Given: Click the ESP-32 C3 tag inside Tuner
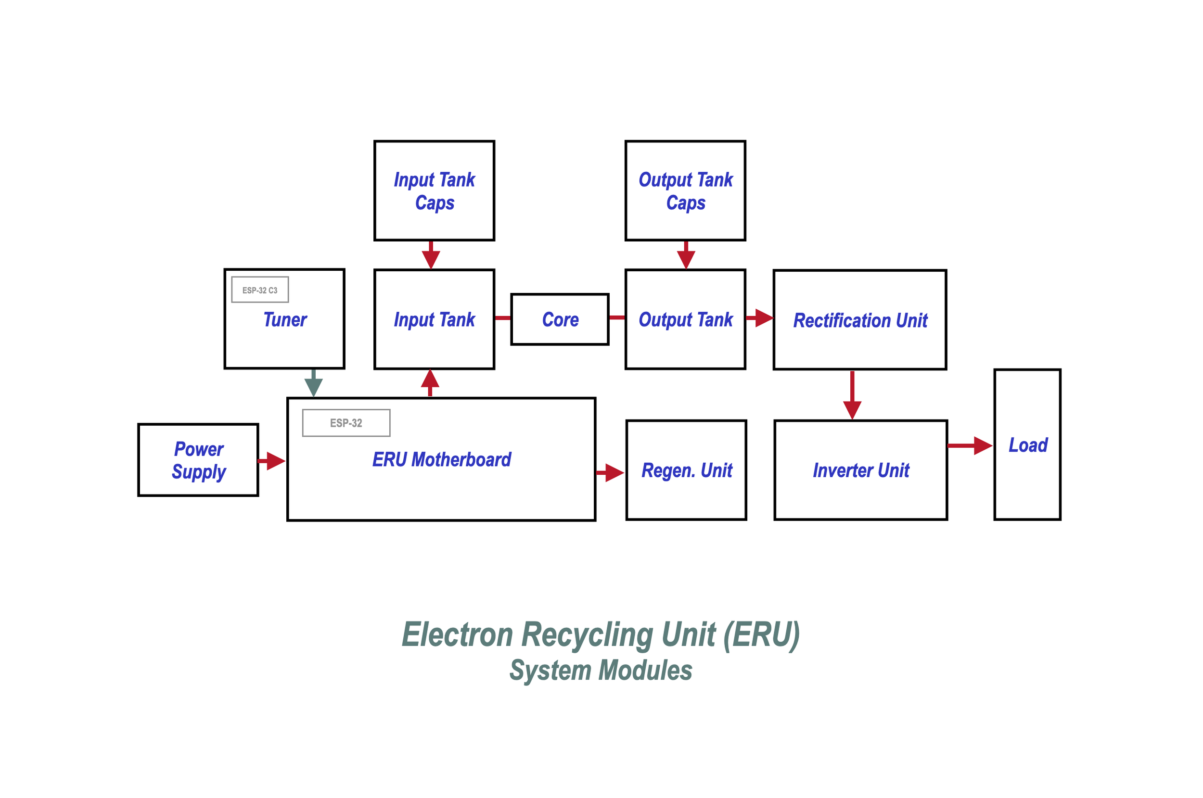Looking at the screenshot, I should [260, 290].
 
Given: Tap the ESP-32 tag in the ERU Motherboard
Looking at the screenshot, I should [346, 423].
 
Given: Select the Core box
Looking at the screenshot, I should [560, 319].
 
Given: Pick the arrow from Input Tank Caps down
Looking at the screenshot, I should [431, 255].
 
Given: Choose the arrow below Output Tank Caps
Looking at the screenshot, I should [686, 255].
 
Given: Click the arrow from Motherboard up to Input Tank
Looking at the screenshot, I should [430, 383].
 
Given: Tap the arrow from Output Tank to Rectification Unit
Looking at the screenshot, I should [760, 318].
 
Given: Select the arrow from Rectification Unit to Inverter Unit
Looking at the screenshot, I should [852, 396].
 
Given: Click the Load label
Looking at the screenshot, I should [1028, 445].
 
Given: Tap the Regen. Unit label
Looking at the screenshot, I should [687, 471].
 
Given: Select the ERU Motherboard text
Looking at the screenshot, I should [441, 459].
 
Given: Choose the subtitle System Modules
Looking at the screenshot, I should [601, 670].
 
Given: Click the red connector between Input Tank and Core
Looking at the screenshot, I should [502, 318].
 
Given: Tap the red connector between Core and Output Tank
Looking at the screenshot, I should [617, 317].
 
